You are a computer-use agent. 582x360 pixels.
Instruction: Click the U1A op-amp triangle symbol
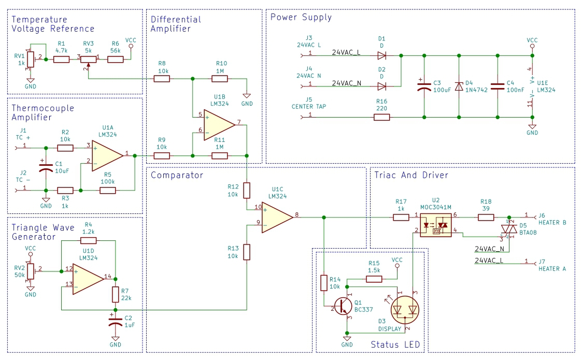[107, 156]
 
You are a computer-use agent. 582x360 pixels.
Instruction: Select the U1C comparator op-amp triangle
[277, 218]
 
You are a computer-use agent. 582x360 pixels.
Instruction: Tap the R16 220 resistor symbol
[381, 117]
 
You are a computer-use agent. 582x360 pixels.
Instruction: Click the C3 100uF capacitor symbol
[424, 87]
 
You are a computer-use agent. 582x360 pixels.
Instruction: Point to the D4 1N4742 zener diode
[459, 87]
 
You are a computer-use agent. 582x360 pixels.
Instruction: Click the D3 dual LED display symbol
[405, 309]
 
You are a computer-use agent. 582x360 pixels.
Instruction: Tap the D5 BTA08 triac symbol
[509, 229]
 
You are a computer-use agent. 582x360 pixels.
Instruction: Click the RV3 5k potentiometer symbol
[88, 60]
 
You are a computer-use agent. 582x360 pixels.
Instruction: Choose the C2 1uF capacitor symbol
[116, 321]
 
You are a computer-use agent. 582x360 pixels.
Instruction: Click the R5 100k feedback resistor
[108, 191]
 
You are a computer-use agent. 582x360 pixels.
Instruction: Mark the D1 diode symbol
[382, 55]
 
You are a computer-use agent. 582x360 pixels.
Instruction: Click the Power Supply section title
[301, 18]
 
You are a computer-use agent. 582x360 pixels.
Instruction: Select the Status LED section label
[395, 345]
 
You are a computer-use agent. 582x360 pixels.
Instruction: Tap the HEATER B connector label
[552, 223]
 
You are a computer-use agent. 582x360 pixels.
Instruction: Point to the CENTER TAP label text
[309, 107]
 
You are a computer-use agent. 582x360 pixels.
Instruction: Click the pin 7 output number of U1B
[239, 122]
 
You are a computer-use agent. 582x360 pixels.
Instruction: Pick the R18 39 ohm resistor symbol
[486, 218]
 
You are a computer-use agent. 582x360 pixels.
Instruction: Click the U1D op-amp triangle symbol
[88, 279]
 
